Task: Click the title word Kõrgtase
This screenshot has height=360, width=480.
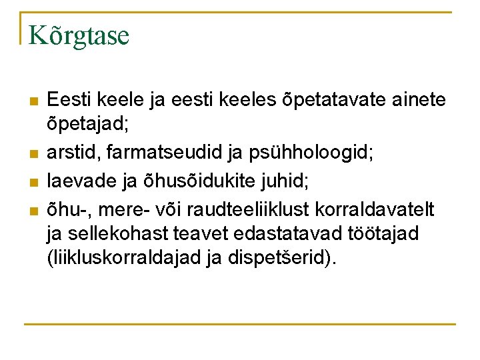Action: point(79,35)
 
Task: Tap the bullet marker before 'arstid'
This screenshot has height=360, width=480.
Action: point(33,155)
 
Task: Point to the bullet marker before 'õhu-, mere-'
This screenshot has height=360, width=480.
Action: point(33,211)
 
